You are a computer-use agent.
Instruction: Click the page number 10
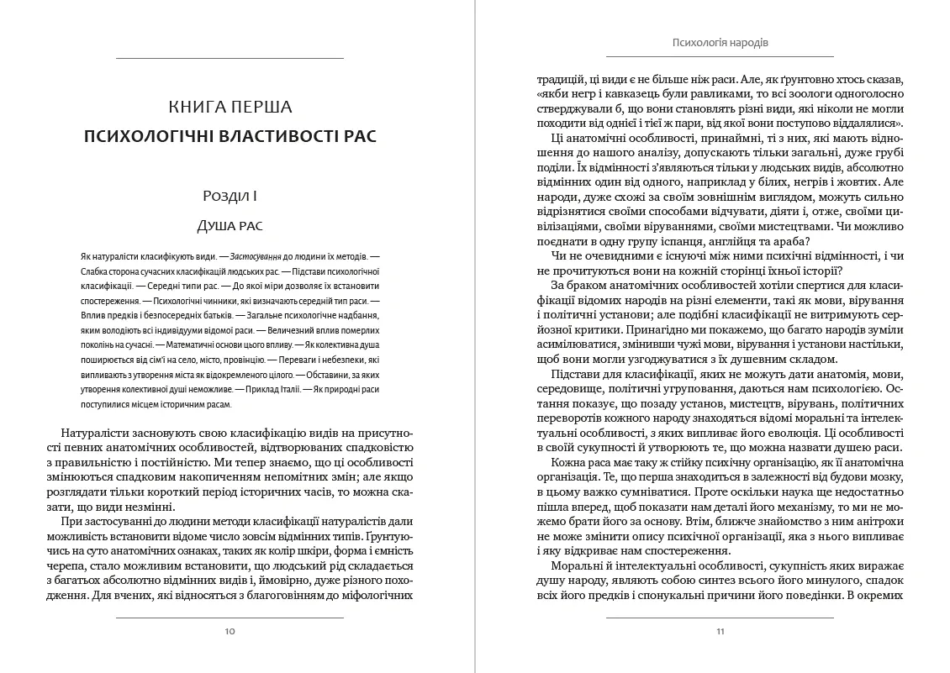230,631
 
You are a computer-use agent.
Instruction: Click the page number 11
720,631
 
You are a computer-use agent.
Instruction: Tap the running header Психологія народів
720,42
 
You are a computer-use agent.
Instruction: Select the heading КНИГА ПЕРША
230,107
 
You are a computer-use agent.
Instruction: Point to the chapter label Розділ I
230,197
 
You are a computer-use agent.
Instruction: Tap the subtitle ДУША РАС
230,225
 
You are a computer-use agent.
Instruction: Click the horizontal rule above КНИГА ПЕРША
230,58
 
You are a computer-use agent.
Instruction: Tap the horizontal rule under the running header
720,58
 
